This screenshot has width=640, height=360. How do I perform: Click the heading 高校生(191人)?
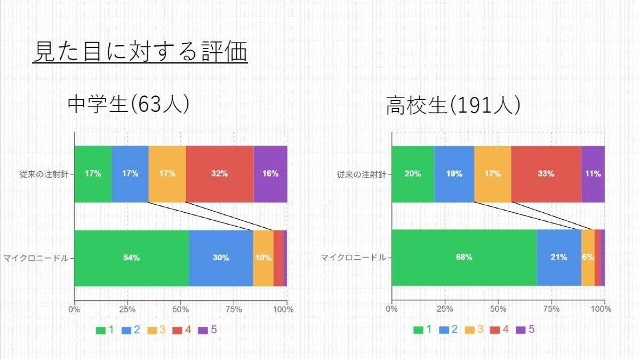click(453, 106)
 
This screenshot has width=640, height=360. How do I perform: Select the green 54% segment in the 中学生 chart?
click(131, 258)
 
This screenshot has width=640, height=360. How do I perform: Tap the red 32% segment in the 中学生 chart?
click(219, 174)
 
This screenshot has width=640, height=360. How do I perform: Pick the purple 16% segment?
click(270, 174)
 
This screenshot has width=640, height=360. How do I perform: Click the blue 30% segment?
click(220, 258)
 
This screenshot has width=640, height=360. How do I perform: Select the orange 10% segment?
click(263, 258)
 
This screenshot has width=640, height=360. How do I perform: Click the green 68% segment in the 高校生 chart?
click(464, 258)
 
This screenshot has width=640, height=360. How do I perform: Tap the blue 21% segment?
click(558, 258)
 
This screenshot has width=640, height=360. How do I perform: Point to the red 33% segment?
click(546, 174)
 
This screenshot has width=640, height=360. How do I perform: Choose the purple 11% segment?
click(593, 174)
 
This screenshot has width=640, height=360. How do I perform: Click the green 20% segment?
click(413, 174)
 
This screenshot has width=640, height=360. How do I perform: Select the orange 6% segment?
click(588, 258)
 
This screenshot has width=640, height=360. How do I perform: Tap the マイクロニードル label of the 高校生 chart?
click(353, 258)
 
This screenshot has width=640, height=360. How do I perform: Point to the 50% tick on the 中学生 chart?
click(180, 309)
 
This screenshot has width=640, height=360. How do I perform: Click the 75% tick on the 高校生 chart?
click(551, 309)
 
